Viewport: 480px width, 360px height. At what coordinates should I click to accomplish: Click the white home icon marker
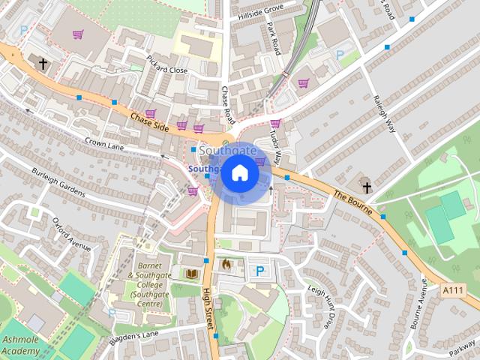coord(239,173)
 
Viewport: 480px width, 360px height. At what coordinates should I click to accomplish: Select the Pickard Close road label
coord(166,64)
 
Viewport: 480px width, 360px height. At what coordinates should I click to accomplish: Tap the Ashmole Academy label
coord(20,346)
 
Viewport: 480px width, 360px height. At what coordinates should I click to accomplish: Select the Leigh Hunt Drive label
coord(319,304)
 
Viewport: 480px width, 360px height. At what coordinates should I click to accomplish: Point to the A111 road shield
coord(453,290)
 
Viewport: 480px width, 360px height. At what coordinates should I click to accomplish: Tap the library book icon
coord(191,274)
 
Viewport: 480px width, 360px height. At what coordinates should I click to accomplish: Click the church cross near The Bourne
coord(366,186)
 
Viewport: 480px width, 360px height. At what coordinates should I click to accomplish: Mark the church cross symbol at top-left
coord(43,64)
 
